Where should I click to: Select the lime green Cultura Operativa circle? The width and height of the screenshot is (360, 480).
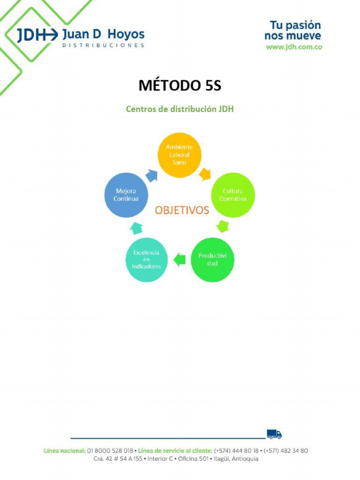[x=233, y=195]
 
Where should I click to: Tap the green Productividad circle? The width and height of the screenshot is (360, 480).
[x=212, y=260]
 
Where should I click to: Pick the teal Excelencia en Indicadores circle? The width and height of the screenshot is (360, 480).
[x=147, y=260]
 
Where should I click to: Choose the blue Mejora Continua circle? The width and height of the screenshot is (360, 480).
[x=126, y=195]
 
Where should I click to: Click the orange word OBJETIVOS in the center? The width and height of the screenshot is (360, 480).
[x=182, y=210]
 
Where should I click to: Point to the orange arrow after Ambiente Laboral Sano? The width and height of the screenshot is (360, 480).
[x=205, y=175]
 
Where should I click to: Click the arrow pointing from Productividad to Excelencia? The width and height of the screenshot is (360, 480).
[x=179, y=259]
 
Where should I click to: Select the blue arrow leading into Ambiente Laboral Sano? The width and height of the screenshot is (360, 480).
[x=152, y=176]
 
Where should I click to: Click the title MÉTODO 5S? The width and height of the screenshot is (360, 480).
[x=180, y=86]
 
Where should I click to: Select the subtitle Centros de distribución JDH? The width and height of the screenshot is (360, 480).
[x=180, y=109]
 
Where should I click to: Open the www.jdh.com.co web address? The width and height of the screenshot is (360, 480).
[x=294, y=47]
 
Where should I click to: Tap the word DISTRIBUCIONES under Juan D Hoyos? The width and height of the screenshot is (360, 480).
[x=103, y=45]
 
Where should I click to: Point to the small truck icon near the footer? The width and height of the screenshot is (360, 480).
[x=274, y=434]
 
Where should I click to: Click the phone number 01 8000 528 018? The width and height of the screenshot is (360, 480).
[x=110, y=450]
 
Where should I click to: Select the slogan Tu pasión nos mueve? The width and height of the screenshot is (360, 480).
[x=293, y=30]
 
